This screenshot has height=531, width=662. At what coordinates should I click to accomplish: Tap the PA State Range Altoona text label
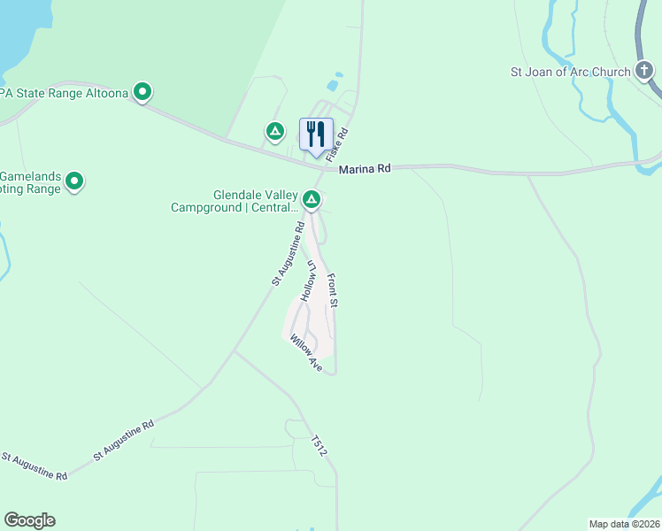coord(64,91)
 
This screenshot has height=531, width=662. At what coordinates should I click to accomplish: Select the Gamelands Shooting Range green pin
coord(75,181)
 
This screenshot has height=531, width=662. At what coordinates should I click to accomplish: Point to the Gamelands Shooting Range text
coord(30,181)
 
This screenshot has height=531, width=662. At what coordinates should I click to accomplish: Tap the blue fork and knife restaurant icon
coord(316,135)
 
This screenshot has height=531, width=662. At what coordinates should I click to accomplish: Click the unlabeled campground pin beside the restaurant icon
coord(275,132)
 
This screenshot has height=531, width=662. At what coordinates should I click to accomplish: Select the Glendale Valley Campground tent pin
coord(312,200)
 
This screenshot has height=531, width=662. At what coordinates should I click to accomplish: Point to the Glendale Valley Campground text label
coord(235,201)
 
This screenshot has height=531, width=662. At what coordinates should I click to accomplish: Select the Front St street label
coord(334,290)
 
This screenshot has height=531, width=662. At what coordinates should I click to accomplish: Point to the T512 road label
coord(320,445)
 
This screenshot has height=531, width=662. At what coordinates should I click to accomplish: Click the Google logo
coord(29,520)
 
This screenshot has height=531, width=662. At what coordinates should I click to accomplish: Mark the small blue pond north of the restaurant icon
coord(332,86)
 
